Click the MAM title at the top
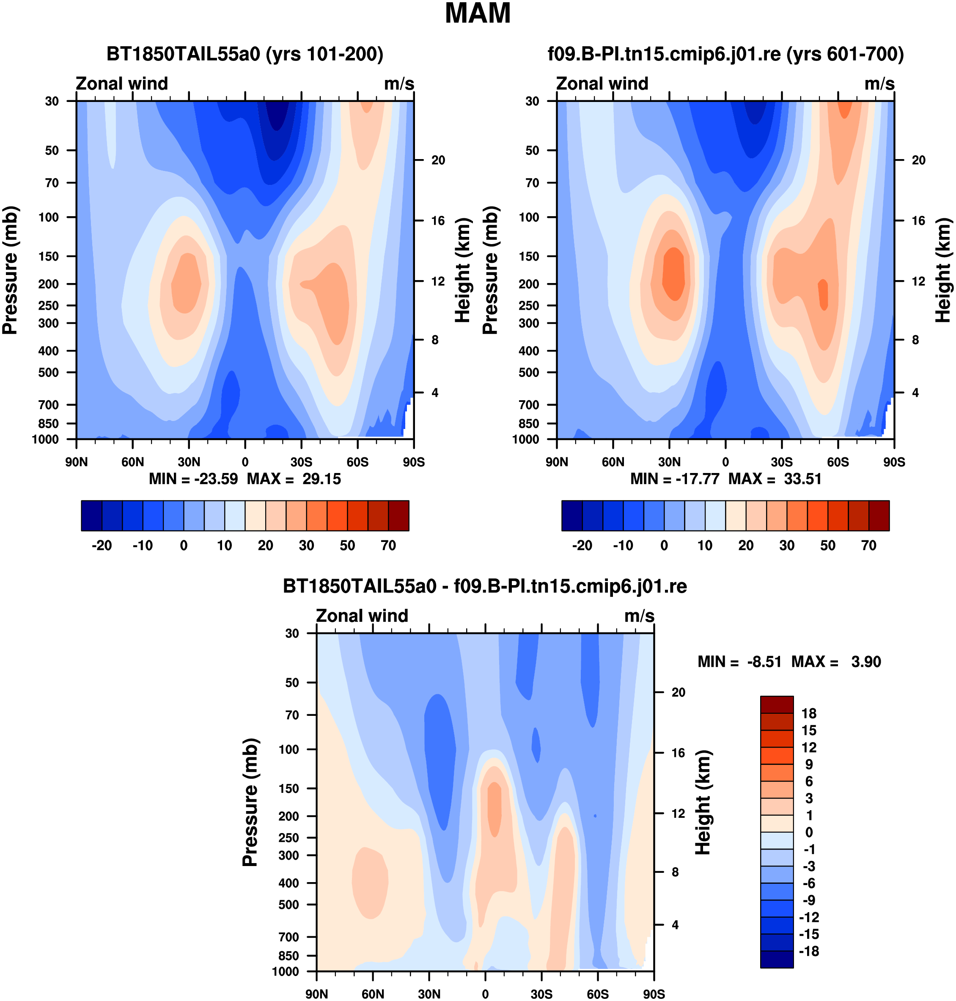[478, 13]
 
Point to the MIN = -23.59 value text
[193, 478]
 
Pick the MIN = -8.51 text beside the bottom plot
[739, 662]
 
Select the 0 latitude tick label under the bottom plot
[485, 994]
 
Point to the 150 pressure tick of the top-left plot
[49, 256]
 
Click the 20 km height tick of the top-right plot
[918, 160]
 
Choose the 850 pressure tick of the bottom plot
[289, 956]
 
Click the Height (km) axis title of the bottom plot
[703, 802]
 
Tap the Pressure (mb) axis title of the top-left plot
[10, 270]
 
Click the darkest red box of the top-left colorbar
[398, 515]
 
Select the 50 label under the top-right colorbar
[827, 545]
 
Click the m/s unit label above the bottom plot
[639, 616]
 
